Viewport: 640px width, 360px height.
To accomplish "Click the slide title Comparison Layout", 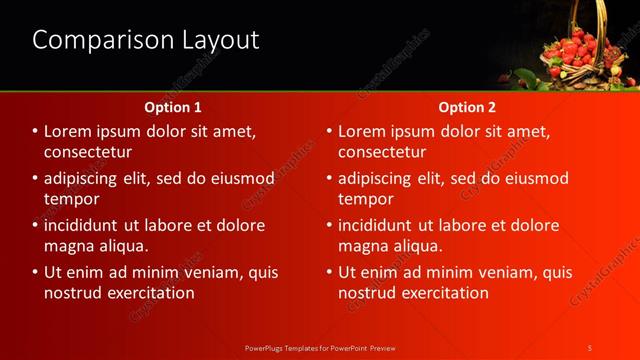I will point(146,40).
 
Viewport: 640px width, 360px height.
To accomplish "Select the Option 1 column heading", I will point(173,106).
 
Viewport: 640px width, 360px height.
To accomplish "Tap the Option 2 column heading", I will point(466,106).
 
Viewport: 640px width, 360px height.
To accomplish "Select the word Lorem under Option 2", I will point(364,132).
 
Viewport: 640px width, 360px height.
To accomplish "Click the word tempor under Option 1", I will point(69,199).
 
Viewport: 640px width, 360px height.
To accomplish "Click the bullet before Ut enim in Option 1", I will point(35,272).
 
